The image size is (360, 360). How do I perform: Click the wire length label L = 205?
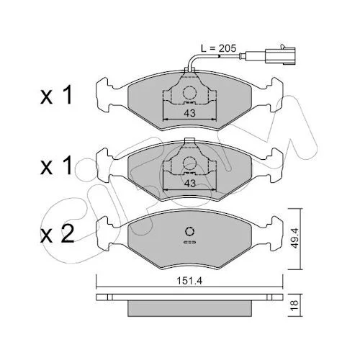pos(218,48)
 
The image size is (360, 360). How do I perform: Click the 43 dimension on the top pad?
pos(190,113)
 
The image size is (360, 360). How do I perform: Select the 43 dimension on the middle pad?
pos(190,184)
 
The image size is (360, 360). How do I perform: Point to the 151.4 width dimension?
pos(189,281)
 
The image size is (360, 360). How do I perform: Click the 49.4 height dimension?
pos(295,238)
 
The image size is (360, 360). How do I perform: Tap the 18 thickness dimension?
pos(295,305)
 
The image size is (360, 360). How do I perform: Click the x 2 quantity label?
pos(57,235)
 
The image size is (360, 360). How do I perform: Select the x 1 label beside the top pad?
pos(56,96)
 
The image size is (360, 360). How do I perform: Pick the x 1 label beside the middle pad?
pos(56,166)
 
